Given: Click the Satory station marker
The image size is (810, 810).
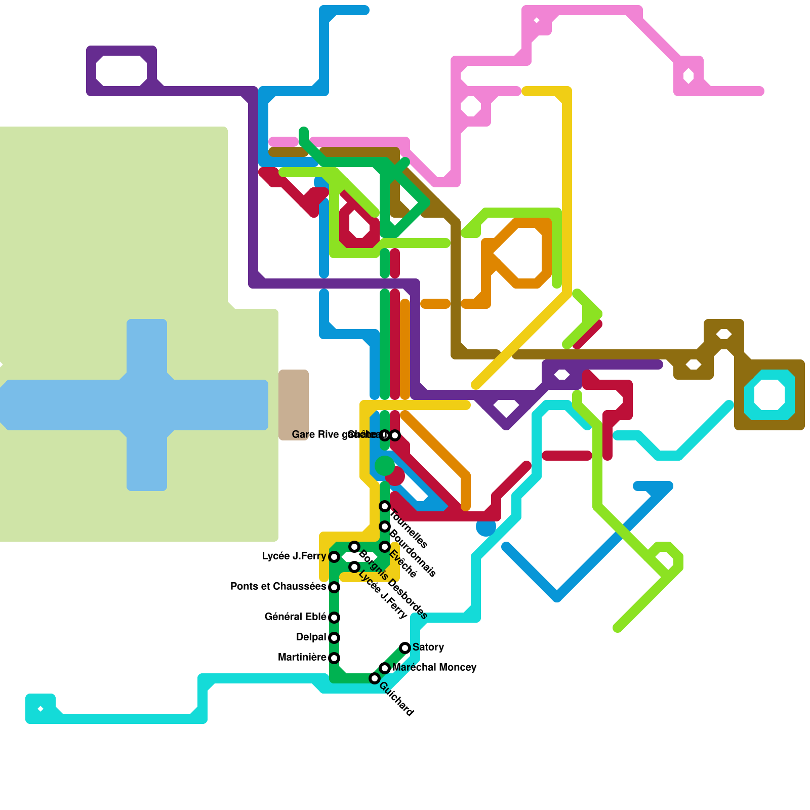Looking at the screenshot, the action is [x=405, y=648].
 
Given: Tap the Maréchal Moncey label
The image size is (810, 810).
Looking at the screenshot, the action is [x=434, y=668].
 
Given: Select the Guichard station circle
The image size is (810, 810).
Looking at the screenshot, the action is [x=375, y=678].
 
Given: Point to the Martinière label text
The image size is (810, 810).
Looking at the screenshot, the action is [x=302, y=658].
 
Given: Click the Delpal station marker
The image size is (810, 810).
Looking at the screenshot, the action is [x=334, y=638].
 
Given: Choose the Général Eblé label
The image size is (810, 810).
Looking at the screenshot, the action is [x=295, y=617].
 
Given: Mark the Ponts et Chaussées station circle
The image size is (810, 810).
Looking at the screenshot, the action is [x=334, y=587].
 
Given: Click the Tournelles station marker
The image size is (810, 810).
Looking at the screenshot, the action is [x=385, y=506].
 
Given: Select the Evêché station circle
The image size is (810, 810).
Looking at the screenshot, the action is [x=385, y=547].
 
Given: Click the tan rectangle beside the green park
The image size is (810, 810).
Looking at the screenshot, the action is [x=294, y=405].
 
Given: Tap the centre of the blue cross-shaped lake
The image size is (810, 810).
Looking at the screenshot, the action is [x=147, y=405].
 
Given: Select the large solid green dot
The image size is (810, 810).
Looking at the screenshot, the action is [x=385, y=466].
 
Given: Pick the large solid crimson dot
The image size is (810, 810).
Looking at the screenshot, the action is [x=395, y=476].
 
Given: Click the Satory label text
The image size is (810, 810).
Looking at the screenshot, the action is [x=428, y=647].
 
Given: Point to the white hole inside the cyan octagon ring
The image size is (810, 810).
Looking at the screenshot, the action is [x=769, y=395].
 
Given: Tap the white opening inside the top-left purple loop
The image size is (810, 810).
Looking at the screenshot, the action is [x=121, y=71].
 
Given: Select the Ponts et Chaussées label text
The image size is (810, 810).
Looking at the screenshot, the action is [x=278, y=587].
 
